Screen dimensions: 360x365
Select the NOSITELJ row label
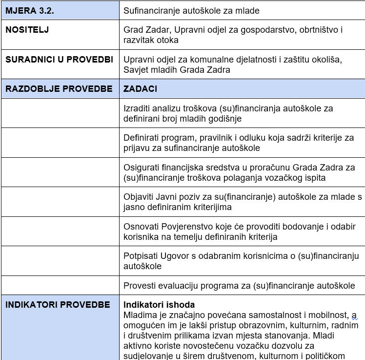(27, 30)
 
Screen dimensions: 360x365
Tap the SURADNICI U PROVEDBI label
(59, 60)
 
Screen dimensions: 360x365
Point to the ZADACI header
(140, 89)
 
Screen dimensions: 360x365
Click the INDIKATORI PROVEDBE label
(58, 305)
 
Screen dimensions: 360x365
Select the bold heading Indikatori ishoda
(159, 305)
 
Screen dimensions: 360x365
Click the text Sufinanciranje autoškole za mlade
(191, 10)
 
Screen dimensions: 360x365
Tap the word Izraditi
(138, 108)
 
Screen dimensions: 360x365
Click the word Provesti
(139, 286)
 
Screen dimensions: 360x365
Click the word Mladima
(140, 315)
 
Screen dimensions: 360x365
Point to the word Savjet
(136, 70)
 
